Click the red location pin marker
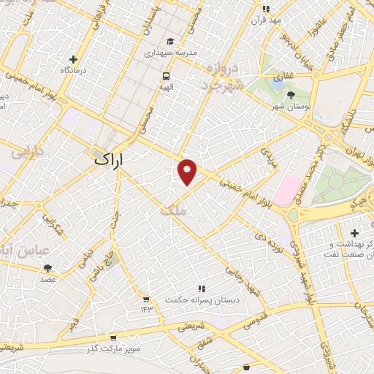tap(188, 172)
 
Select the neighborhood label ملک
tap(175, 210)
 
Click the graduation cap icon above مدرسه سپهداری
tap(170, 42)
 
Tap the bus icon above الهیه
tap(167, 75)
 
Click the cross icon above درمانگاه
tap(73, 59)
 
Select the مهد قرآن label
tap(266, 20)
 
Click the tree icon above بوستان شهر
tap(291, 95)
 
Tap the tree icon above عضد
tap(48, 268)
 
